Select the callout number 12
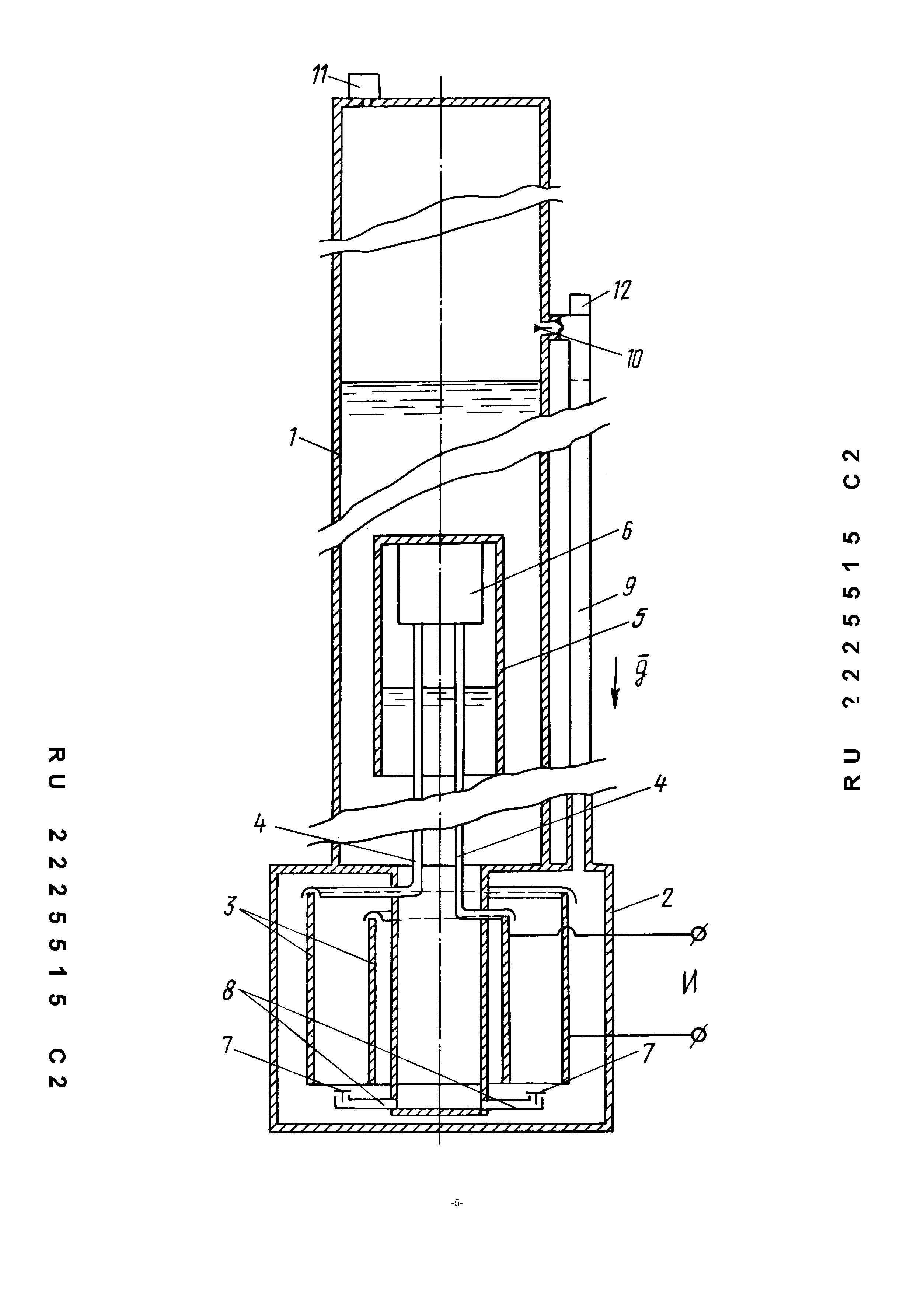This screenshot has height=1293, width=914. click(x=622, y=290)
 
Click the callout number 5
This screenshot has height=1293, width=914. click(x=640, y=618)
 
